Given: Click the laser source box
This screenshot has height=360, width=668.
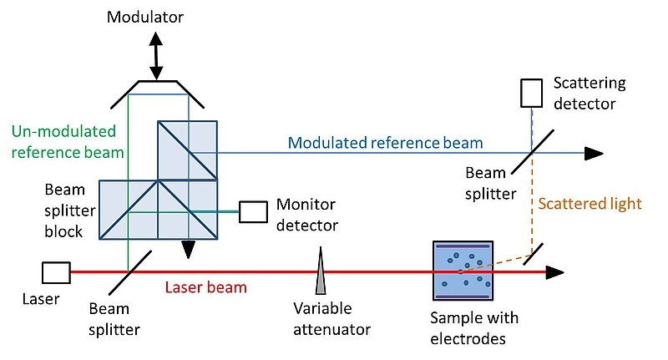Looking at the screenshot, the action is click(x=56, y=272).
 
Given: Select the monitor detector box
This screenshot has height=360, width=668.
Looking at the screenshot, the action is click(x=254, y=211).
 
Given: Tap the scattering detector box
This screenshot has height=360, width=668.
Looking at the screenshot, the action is click(x=532, y=93).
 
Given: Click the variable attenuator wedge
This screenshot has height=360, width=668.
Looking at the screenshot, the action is click(x=321, y=271).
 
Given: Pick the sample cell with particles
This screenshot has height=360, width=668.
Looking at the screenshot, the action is click(x=463, y=271).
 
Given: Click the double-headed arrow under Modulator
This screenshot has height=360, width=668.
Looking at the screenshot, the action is click(x=156, y=56).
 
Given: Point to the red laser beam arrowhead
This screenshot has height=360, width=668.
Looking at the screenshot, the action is click(x=555, y=272).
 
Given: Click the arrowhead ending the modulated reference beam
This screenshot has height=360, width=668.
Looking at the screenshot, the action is click(x=594, y=154).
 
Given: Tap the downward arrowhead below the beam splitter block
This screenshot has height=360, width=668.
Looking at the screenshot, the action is click(x=188, y=249).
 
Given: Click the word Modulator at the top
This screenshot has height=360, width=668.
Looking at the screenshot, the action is click(x=144, y=17).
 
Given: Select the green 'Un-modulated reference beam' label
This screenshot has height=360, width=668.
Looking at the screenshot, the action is click(x=68, y=142).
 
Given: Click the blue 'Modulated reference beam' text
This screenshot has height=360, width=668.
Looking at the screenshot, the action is click(x=386, y=143).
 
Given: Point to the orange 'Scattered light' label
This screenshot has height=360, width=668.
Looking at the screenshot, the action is click(x=590, y=204).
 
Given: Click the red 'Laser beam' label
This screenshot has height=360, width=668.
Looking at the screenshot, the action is click(x=205, y=287).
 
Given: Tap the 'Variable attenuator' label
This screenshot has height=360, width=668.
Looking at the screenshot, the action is click(x=331, y=319).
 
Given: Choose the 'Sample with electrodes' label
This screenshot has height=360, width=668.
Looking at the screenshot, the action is click(x=474, y=328).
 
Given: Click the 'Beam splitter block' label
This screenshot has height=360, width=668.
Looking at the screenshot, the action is click(x=70, y=210).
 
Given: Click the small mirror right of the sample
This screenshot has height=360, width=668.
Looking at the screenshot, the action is click(x=533, y=255).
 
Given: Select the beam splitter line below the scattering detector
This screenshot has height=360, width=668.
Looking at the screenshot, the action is click(x=533, y=152).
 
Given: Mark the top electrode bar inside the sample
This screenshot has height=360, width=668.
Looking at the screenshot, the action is click(x=463, y=246).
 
